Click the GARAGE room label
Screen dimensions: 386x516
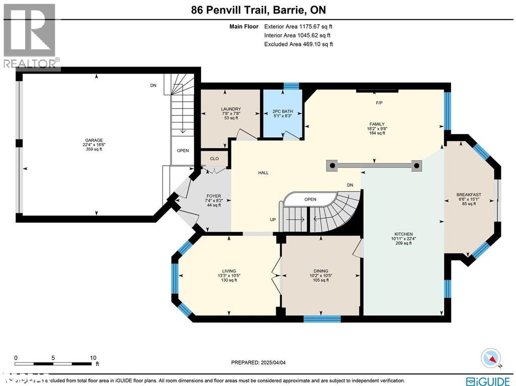pyautogui.click(x=94, y=141)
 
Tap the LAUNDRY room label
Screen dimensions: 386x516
pyautogui.click(x=231, y=109)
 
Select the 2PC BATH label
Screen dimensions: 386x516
pyautogui.click(x=283, y=111)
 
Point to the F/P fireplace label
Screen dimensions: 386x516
pyautogui.click(x=379, y=103)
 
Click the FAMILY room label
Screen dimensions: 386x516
pyautogui.click(x=377, y=124)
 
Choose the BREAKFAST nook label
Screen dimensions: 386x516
pyautogui.click(x=469, y=195)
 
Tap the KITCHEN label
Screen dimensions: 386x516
pyautogui.click(x=404, y=234)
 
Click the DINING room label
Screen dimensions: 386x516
pyautogui.click(x=320, y=271)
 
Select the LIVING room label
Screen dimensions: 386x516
pyautogui.click(x=229, y=271)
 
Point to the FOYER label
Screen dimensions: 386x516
pyautogui.click(x=214, y=196)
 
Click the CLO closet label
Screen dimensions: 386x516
pyautogui.click(x=214, y=159)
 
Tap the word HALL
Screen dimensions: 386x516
pyautogui.click(x=263, y=173)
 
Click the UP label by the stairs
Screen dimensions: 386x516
pyautogui.click(x=272, y=220)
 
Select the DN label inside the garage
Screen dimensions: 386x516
pyautogui.click(x=153, y=86)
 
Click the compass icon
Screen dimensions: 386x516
pyautogui.click(x=491, y=358)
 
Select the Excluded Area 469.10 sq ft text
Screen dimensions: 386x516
pyautogui.click(x=298, y=44)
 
